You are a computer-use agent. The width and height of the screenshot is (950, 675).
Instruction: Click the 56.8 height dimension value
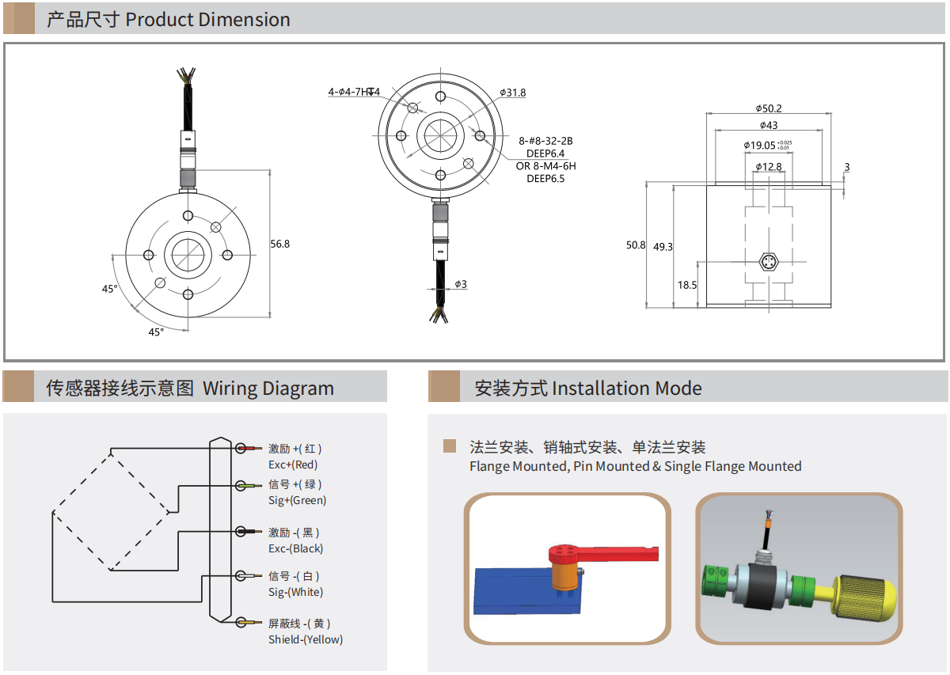(280, 244)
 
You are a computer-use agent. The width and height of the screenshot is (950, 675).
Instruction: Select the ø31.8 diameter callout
(513, 93)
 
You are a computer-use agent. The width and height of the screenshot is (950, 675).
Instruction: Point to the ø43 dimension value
(769, 125)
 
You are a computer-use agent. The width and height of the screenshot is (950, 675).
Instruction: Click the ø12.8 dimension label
(768, 166)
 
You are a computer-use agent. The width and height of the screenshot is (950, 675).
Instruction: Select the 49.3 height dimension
(663, 246)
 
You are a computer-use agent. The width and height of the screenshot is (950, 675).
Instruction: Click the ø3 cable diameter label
(461, 284)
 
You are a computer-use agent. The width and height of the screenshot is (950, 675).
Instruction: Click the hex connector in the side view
(768, 261)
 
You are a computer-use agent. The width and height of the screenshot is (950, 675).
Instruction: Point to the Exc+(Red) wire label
(293, 465)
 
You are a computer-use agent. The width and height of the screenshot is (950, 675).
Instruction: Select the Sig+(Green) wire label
(297, 500)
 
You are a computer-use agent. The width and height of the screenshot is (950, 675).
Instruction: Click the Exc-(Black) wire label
(296, 548)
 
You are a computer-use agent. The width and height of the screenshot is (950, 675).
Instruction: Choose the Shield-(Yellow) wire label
(306, 639)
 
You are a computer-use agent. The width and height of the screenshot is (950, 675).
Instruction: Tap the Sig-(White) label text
(295, 592)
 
